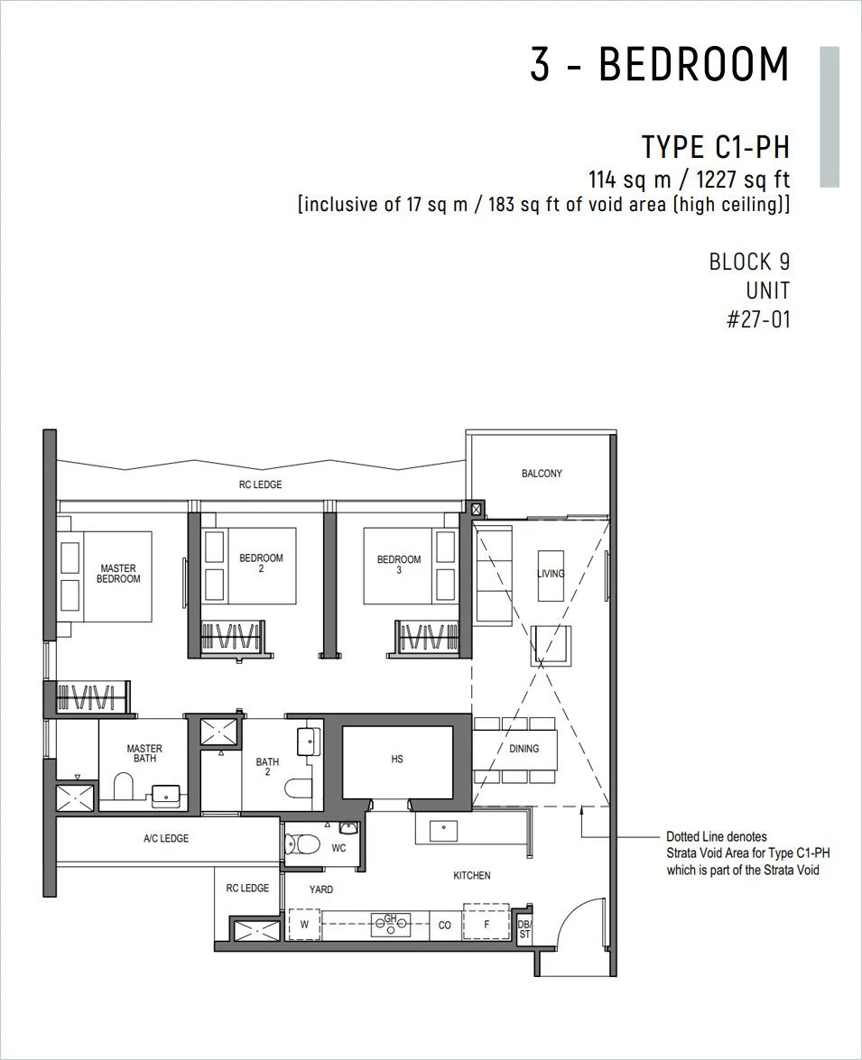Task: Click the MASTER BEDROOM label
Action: coord(118,573)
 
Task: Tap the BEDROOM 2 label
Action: coord(261,563)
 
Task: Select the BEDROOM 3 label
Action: coord(399,565)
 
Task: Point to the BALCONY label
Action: coord(542,474)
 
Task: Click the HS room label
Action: coord(397,760)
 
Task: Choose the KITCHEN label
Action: coord(471,875)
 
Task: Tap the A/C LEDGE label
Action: coord(166,838)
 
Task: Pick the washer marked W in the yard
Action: coord(304,924)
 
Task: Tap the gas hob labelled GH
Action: coord(391,924)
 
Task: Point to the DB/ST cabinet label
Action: coord(524,929)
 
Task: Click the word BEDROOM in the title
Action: coord(694,65)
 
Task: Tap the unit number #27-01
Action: coord(758,319)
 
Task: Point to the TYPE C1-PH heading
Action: coord(716,147)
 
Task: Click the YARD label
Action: coord(320,889)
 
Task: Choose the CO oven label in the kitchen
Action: coord(444,925)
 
